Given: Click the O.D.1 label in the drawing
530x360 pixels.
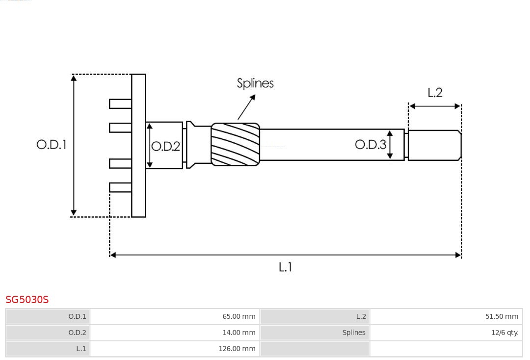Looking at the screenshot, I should (51, 145).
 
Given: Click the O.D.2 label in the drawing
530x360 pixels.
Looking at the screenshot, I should (165, 146).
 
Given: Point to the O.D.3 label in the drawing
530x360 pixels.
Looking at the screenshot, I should (370, 144).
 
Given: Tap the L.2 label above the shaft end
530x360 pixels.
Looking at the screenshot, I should (435, 93).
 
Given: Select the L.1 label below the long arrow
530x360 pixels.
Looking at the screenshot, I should (285, 267).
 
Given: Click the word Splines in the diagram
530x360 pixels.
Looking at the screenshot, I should (255, 83).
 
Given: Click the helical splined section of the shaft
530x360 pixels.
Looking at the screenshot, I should (235, 144).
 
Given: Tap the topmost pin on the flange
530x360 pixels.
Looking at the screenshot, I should (120, 103).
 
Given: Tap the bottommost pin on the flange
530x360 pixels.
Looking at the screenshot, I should (120, 187).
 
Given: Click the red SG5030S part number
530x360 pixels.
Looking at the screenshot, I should (27, 300).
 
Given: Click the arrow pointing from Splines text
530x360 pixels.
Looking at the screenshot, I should (247, 107).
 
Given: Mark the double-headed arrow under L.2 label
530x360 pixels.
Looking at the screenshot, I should (435, 106).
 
